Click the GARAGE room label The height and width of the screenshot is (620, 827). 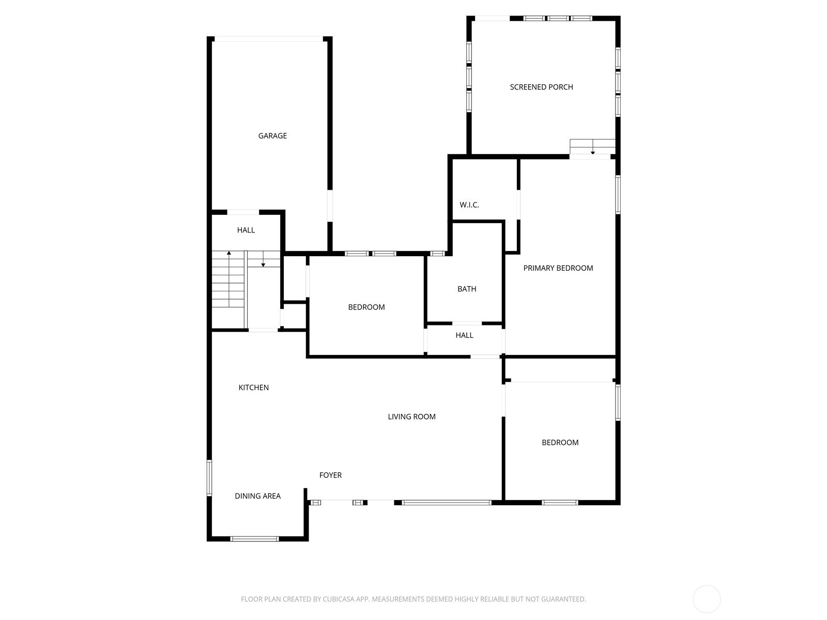(272, 135)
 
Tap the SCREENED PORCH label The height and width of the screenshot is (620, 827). (541, 87)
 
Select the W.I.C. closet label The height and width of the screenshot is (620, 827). (469, 205)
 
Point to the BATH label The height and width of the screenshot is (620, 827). (466, 289)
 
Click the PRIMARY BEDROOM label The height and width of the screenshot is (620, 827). (558, 268)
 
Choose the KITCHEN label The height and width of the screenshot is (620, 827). (253, 388)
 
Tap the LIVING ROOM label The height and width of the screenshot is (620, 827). (411, 416)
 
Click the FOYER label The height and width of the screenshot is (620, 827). (330, 475)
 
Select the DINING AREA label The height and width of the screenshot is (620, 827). (257, 496)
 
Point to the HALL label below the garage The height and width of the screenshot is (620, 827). (246, 230)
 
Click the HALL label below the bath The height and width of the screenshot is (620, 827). (464, 335)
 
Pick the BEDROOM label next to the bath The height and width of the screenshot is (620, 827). (366, 307)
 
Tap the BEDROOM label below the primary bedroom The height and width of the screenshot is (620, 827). (560, 442)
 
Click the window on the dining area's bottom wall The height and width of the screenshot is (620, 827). (254, 539)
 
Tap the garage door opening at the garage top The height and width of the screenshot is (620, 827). (269, 39)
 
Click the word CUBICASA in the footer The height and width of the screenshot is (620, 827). (338, 598)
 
